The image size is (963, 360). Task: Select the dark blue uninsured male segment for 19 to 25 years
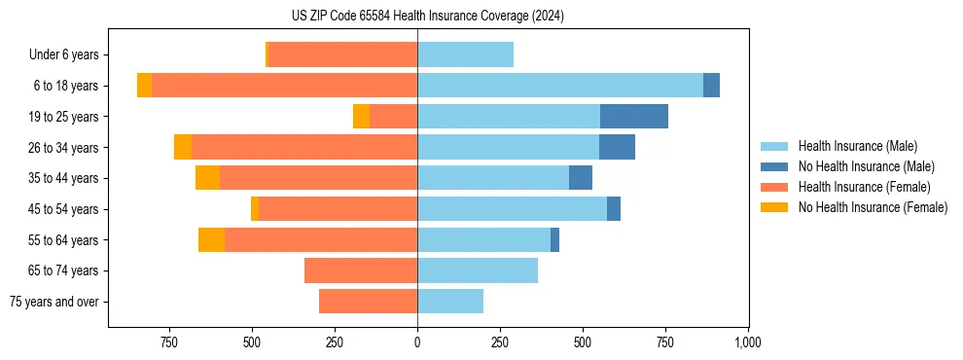tap(634, 117)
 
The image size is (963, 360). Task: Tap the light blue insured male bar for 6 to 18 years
tap(560, 86)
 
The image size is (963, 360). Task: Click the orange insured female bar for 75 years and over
tap(368, 302)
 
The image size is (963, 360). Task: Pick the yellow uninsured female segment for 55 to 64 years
tap(211, 240)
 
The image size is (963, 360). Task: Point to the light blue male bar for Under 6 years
tap(465, 55)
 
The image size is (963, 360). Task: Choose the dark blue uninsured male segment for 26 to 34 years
tap(617, 148)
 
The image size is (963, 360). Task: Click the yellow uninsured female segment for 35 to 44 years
tap(207, 178)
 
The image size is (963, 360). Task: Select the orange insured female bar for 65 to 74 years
tap(361, 270)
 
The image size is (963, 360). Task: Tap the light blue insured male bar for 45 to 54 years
tap(512, 209)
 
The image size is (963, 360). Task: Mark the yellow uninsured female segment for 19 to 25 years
tap(361, 117)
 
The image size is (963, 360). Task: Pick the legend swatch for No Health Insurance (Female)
tap(774, 207)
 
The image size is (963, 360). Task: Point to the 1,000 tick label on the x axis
tap(747, 342)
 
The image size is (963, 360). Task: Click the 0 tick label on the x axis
tap(417, 342)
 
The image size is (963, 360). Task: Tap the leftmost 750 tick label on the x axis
tap(169, 342)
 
